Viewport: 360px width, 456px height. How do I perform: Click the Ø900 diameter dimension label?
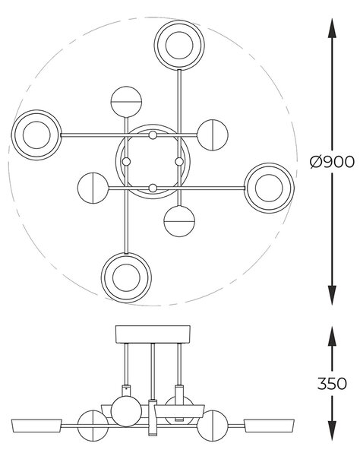(332, 162)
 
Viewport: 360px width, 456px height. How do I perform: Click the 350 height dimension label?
(332, 384)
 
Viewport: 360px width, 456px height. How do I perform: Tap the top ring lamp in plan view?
(179, 45)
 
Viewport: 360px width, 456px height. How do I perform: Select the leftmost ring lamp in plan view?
(36, 135)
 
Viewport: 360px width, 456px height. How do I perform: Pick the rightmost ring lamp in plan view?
(269, 188)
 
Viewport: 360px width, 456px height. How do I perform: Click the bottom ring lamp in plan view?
(126, 277)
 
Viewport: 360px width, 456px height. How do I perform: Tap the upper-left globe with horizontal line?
(126, 102)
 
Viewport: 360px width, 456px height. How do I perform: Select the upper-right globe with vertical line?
(213, 135)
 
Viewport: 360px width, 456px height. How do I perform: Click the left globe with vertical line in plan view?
(93, 188)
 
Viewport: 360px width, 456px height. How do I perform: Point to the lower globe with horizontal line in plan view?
(179, 221)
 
